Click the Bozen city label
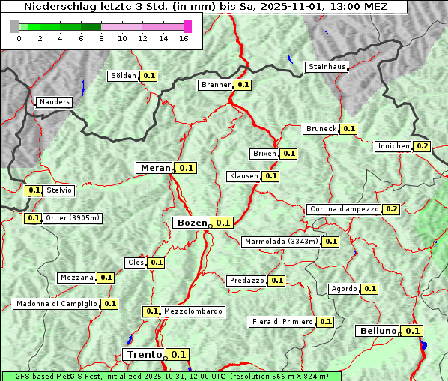point(191,223)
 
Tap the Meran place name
point(155,168)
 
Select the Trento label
point(144,355)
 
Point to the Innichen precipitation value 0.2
point(423,146)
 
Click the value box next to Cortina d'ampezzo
point(391,209)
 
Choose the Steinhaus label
point(327,67)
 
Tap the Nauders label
point(54,102)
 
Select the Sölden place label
point(124,76)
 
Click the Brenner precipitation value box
point(243,85)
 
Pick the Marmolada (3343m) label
point(281,241)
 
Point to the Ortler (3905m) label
point(72,218)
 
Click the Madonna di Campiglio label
point(56,304)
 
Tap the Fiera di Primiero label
point(282,322)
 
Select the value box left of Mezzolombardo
point(151,311)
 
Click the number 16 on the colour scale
point(183,39)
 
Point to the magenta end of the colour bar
point(187,27)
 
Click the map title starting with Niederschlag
point(204,7)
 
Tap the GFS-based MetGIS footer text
point(170,376)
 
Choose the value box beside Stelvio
point(34,190)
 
